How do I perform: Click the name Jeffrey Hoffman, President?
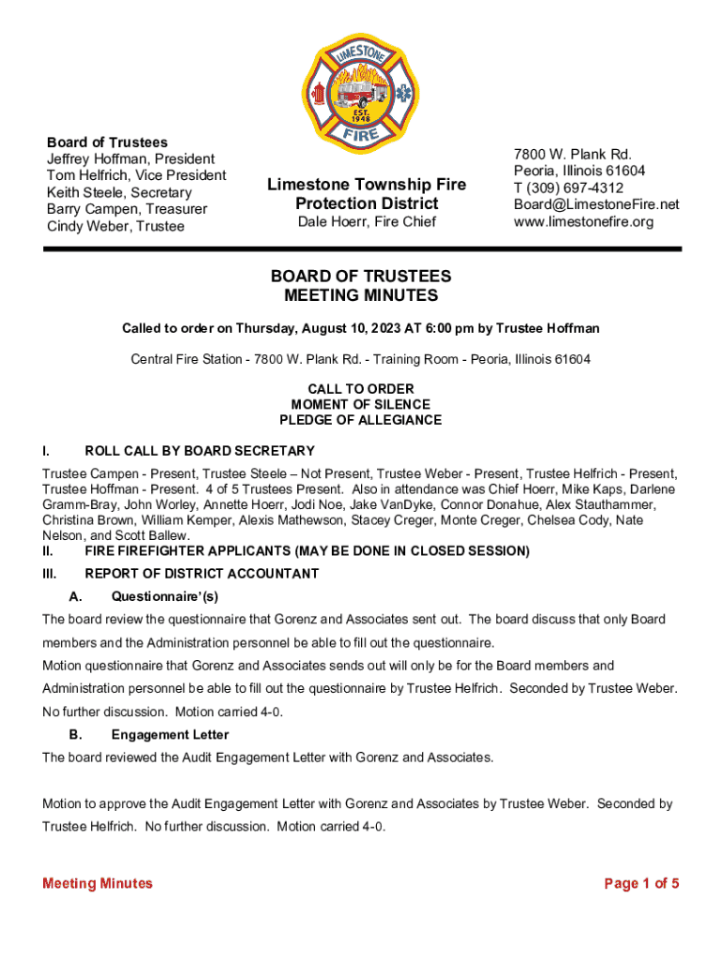point(130,159)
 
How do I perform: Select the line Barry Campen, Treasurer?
point(127,209)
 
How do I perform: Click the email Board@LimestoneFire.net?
point(595,205)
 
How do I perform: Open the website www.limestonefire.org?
point(583,222)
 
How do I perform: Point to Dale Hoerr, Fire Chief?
point(367,222)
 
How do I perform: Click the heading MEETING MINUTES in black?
point(361,296)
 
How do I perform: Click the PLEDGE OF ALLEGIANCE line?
point(361,420)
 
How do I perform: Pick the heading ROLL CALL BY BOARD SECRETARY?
point(200,451)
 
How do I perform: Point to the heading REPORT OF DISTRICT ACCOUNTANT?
point(202,574)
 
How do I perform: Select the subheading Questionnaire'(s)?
point(164,596)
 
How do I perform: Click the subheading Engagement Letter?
point(170,735)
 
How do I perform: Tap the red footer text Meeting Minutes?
point(98,883)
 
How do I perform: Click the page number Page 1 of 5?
point(641,883)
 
